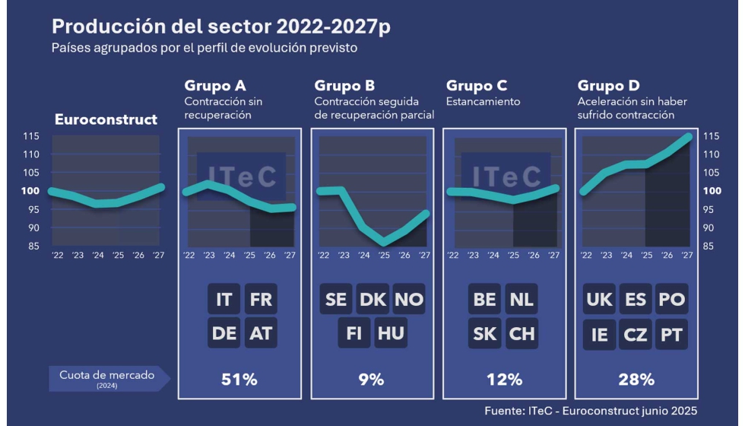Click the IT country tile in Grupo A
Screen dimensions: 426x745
coord(224,299)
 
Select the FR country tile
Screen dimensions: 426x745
coord(261,299)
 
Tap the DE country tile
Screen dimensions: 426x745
coord(224,334)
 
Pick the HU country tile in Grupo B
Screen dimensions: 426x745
coord(391,334)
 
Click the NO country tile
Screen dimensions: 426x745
coord(409,299)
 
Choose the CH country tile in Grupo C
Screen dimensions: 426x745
coord(521,334)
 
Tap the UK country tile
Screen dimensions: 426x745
coord(600,299)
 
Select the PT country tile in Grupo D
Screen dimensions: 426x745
coord(671,334)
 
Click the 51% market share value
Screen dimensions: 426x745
coord(238,379)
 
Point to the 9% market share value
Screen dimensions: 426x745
coord(372,379)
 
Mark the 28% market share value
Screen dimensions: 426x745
coord(636,379)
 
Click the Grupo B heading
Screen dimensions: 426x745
coord(344,86)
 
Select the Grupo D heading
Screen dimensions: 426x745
coord(608,86)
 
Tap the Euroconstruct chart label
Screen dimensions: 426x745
coord(106,119)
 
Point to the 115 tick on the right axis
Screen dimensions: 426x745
coord(712,136)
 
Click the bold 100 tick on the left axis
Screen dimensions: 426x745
coord(32,191)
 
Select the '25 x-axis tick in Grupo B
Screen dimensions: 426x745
coord(384,255)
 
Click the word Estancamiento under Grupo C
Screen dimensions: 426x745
coord(483,101)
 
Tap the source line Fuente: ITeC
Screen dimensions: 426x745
coord(590,411)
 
